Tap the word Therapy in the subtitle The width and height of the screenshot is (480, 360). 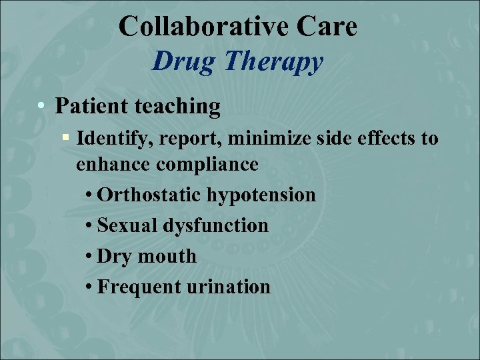coord(274,62)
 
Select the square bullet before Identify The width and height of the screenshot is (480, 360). coord(65,139)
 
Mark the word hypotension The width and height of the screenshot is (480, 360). coord(261,195)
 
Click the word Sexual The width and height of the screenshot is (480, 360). coord(125,225)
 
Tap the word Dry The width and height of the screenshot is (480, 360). coord(113,257)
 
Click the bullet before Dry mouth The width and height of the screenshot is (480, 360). coord(90,257)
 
